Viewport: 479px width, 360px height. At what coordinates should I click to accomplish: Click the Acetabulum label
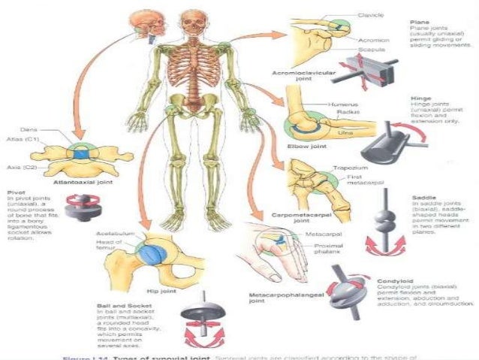(115, 234)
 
